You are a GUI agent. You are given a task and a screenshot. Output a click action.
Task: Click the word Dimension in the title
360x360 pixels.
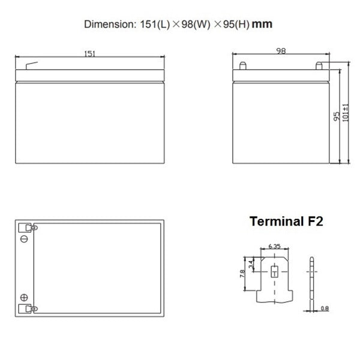[110, 24]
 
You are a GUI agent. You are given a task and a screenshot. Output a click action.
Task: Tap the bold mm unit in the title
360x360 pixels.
[262, 24]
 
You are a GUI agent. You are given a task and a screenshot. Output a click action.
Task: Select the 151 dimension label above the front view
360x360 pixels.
[90, 54]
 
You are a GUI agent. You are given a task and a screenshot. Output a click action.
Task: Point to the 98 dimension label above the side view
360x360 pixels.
[281, 51]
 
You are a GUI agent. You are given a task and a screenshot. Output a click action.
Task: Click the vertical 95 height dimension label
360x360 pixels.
[337, 116]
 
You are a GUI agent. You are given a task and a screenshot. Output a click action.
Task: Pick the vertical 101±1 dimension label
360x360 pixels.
[346, 113]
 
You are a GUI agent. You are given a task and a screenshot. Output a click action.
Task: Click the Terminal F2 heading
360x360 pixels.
[286, 221]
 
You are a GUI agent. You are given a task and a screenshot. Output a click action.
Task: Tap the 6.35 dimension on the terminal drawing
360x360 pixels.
[274, 246]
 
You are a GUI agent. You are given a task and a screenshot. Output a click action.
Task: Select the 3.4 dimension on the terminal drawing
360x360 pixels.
[251, 264]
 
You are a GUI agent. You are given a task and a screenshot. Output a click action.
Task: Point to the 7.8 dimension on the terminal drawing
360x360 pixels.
[242, 274]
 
